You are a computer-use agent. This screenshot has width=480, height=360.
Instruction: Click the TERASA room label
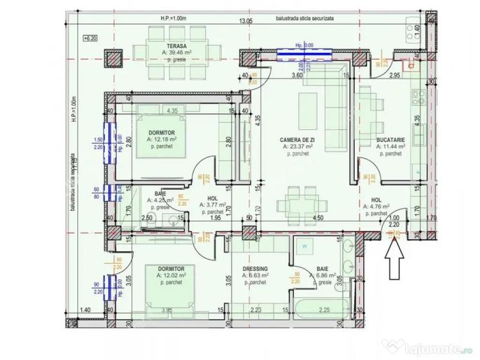click(x=159, y=47)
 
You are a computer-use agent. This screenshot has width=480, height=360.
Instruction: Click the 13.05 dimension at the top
click(x=245, y=21)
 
